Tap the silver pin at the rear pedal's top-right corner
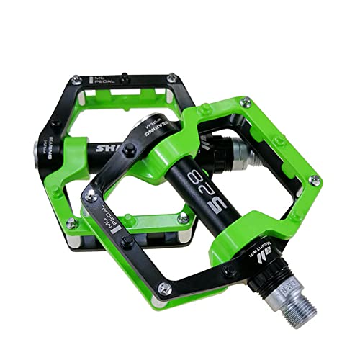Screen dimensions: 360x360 click(x=172, y=78)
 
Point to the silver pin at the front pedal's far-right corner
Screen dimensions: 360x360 click(x=314, y=179)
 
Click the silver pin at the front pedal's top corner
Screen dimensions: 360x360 click(x=245, y=102)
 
